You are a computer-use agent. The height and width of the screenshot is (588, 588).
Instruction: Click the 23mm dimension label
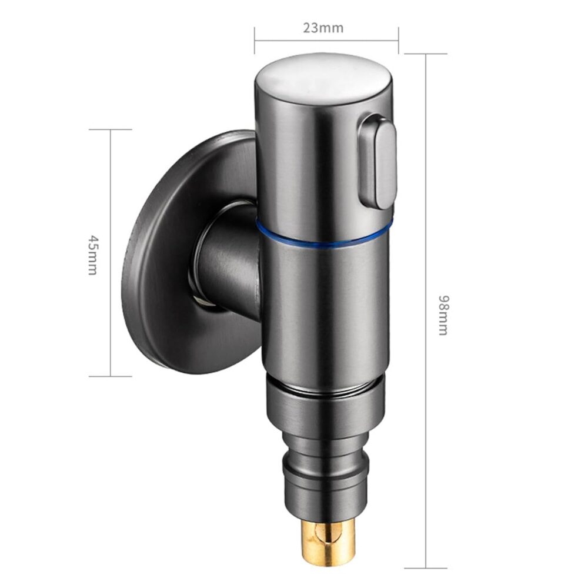pyautogui.click(x=323, y=28)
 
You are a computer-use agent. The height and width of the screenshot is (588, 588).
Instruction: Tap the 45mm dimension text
pyautogui.click(x=93, y=255)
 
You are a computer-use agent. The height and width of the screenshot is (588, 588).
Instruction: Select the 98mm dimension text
pyautogui.click(x=443, y=315)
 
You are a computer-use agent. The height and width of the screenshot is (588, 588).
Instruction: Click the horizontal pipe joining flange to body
pyautogui.click(x=227, y=262)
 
